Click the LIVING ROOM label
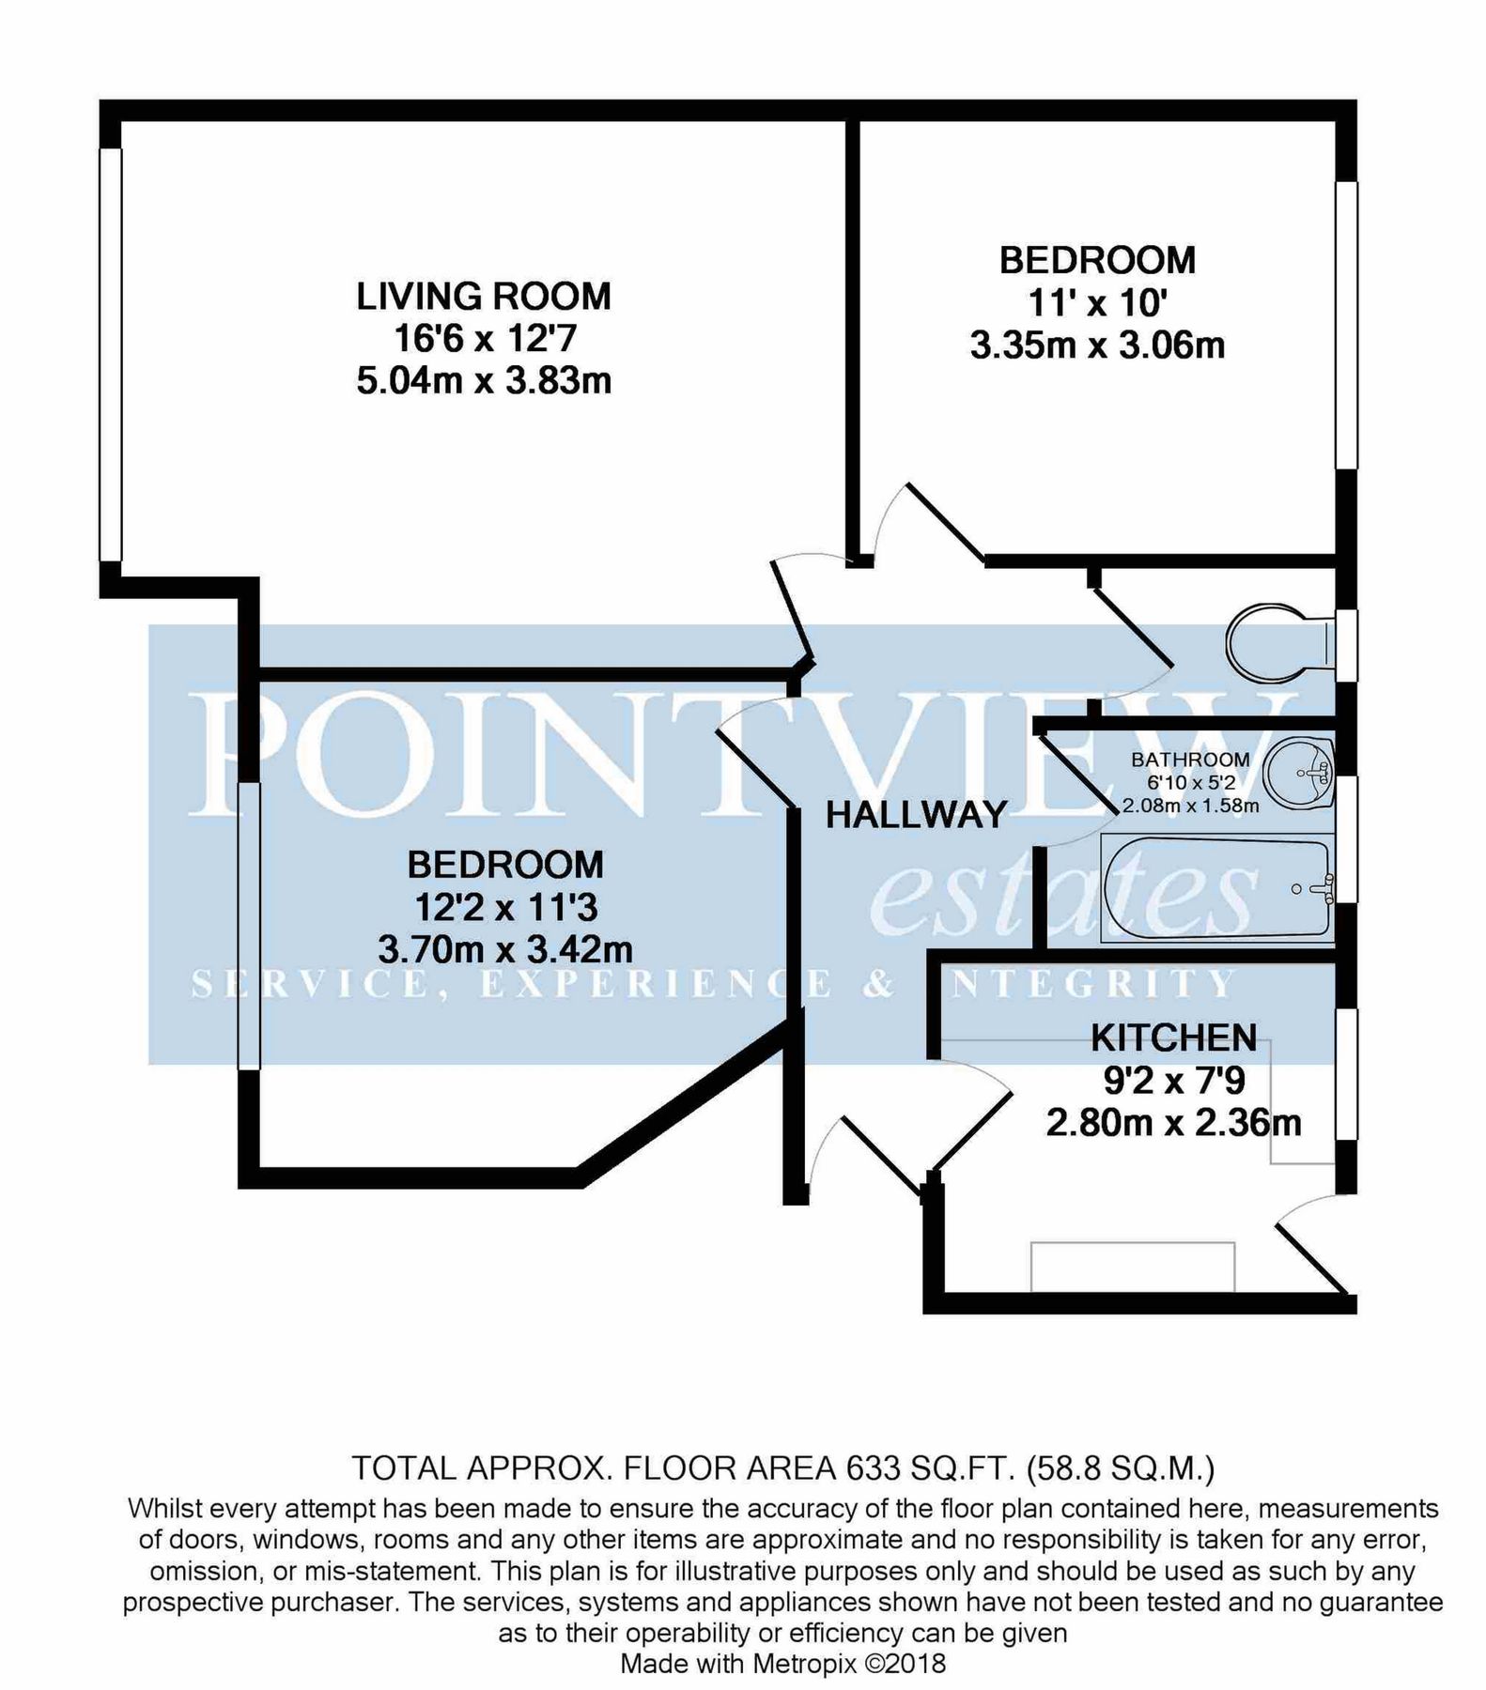tap(483, 297)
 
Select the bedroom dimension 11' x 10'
tap(1097, 304)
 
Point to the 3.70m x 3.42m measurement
tap(504, 950)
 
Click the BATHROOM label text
tap(1190, 760)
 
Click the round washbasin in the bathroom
tap(1299, 773)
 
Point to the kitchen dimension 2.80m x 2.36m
tap(1173, 1123)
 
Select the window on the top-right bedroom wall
tap(1346, 325)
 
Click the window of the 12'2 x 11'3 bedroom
tap(248, 926)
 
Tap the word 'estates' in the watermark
tap(1061, 891)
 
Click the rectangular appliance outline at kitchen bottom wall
tap(1132, 1267)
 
